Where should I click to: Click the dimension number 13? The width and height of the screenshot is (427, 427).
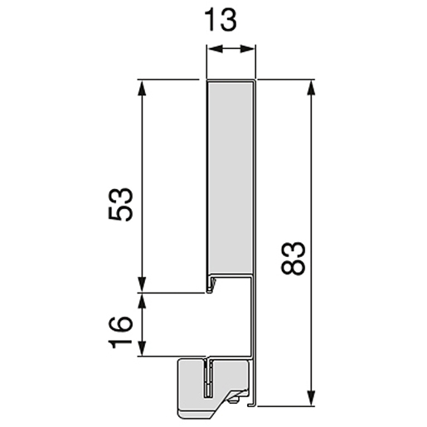pyautogui.click(x=221, y=20)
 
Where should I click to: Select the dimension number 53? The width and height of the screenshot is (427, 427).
pyautogui.click(x=120, y=204)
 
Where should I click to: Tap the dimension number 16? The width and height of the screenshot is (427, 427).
pyautogui.click(x=120, y=332)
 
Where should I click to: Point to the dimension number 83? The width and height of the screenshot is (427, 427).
pyautogui.click(x=293, y=259)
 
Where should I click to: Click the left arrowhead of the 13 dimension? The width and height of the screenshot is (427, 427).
pyautogui.click(x=216, y=49)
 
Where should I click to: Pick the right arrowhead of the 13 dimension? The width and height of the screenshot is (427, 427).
pyautogui.click(x=247, y=49)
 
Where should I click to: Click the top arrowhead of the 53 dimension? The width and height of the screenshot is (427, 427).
pyautogui.click(x=142, y=88)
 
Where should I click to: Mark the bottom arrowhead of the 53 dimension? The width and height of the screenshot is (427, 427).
pyautogui.click(x=142, y=284)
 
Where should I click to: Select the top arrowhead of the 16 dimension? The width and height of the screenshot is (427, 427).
pyautogui.click(x=142, y=301)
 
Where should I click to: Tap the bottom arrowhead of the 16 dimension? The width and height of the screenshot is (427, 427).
pyautogui.click(x=142, y=348)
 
